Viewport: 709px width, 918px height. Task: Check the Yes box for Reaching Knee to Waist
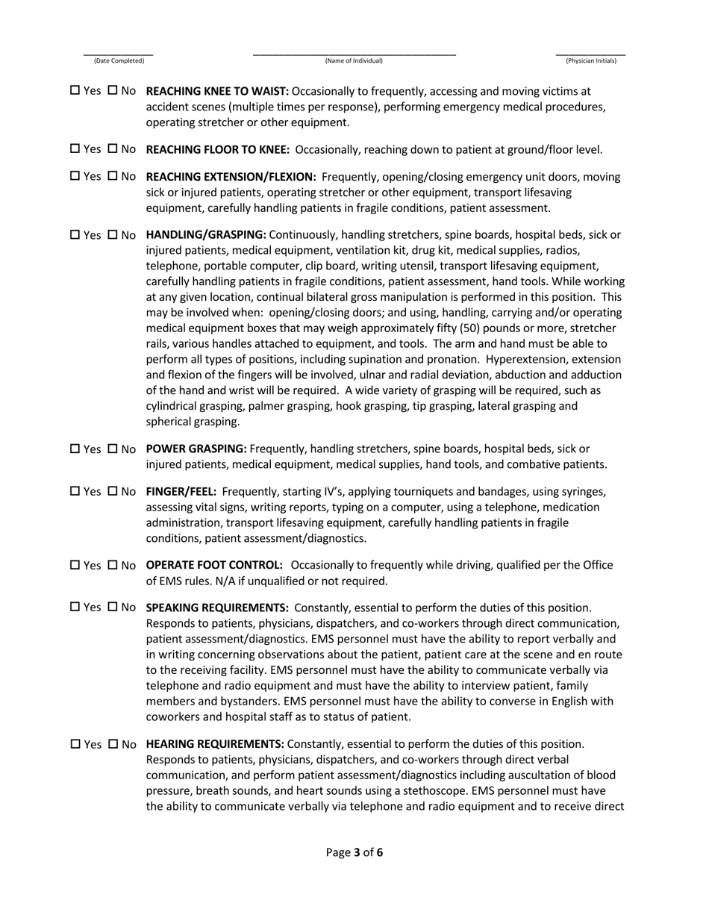(x=75, y=91)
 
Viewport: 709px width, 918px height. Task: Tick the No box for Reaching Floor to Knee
(x=113, y=149)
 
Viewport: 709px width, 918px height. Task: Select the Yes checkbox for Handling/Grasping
(x=75, y=235)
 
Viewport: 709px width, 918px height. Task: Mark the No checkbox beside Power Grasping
(x=113, y=449)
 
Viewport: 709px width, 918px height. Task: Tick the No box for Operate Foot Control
(x=113, y=566)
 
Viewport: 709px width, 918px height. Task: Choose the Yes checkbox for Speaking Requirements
(x=75, y=608)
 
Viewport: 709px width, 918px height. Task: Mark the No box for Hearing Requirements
(x=113, y=745)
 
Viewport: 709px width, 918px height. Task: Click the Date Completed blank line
(x=119, y=54)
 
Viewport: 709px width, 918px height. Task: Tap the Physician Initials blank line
(x=590, y=54)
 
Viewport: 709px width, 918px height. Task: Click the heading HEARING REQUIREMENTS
(x=215, y=745)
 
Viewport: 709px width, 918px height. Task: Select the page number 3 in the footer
(x=357, y=852)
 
